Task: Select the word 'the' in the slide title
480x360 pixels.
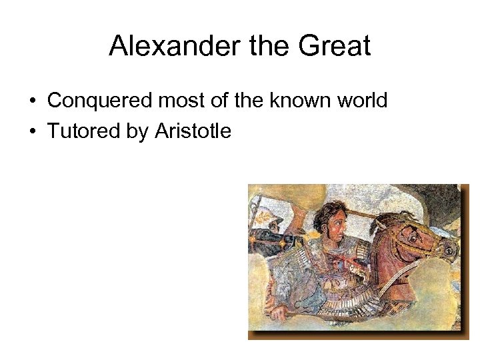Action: tap(258, 46)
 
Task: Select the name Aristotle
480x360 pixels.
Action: tap(193, 131)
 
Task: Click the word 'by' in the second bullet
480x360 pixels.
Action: tap(137, 132)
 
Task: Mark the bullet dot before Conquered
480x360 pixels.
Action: tap(32, 101)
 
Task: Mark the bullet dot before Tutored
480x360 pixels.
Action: tap(32, 132)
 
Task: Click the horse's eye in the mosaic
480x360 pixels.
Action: tap(415, 234)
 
